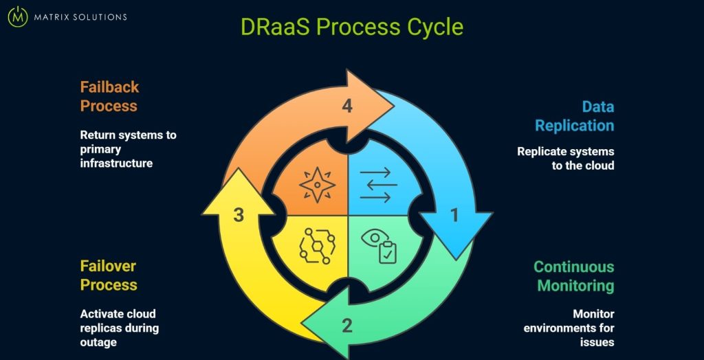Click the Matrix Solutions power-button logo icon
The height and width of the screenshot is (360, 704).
[x=17, y=16]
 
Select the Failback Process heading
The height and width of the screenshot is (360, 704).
[x=109, y=96]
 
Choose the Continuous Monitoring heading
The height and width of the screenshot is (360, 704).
[x=574, y=275]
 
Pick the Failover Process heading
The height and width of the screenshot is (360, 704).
[x=109, y=275]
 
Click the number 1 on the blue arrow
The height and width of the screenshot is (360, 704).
[x=454, y=216]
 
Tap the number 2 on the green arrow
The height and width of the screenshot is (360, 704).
[x=347, y=325]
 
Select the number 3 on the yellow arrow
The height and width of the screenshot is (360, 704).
[x=239, y=215]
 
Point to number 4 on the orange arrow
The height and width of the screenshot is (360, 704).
[x=347, y=106]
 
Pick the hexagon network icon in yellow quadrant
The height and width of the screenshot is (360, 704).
[x=317, y=245]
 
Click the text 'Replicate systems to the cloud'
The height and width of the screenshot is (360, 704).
[x=565, y=158]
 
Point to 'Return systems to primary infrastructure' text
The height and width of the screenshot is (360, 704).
[x=128, y=149]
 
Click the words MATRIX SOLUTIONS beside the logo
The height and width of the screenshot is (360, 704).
[x=80, y=17]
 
